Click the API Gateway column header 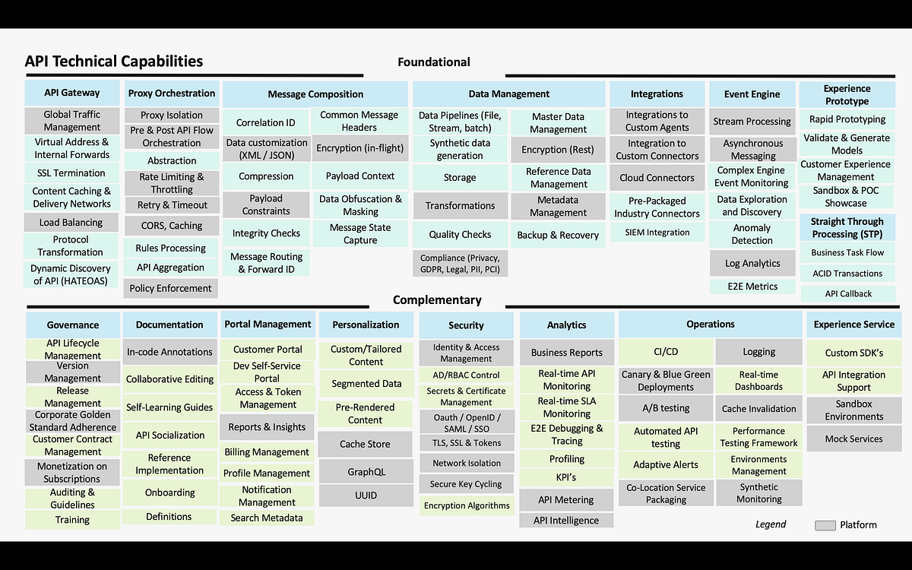(72, 93)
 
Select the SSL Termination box (71, 173)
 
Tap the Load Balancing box (71, 223)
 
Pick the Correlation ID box (265, 122)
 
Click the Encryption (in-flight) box (359, 148)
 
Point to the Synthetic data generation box (460, 149)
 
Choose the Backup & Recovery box (558, 235)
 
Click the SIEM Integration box (657, 233)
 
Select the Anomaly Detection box (752, 234)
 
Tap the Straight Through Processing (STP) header (847, 227)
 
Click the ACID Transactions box (847, 274)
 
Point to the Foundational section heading (434, 62)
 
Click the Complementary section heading (437, 300)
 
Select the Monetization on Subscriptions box (72, 473)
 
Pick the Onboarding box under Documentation (169, 492)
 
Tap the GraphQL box (366, 472)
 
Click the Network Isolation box (467, 463)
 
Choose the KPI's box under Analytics (566, 477)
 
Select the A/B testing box (666, 408)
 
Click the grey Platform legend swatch (825, 525)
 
